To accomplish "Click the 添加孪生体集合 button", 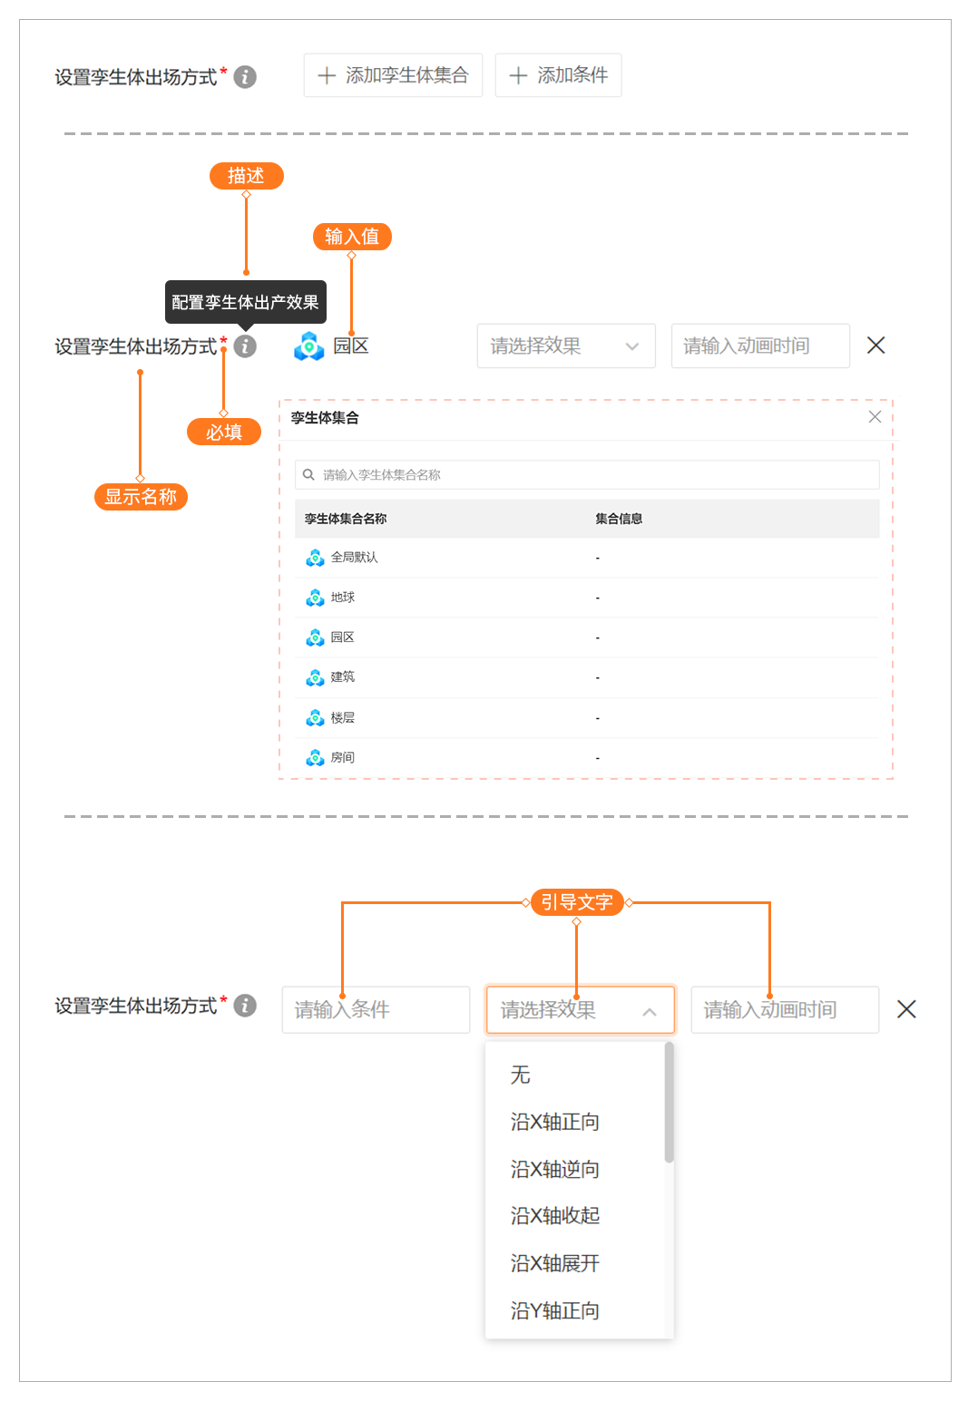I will [393, 75].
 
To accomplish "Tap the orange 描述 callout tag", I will [246, 176].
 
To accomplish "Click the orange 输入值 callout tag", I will [352, 237].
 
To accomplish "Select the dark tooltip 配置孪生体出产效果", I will [245, 302].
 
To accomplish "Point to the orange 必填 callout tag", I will [224, 432].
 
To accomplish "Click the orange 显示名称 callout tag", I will [141, 497].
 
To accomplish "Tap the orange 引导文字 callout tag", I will [577, 902].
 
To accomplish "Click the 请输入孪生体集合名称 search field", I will [587, 474].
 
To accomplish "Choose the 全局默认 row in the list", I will [354, 558].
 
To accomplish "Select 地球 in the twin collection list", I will [343, 598].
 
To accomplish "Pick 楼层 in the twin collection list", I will [343, 718].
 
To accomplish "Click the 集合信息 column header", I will [619, 519].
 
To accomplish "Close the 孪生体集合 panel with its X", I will [875, 417].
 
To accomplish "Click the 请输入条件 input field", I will [376, 1009].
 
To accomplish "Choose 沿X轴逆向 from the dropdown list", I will [555, 1170].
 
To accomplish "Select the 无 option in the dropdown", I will [521, 1075].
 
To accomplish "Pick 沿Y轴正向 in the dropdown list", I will [555, 1311].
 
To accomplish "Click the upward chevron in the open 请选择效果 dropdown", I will [650, 1011].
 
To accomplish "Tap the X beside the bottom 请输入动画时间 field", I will [906, 1009].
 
